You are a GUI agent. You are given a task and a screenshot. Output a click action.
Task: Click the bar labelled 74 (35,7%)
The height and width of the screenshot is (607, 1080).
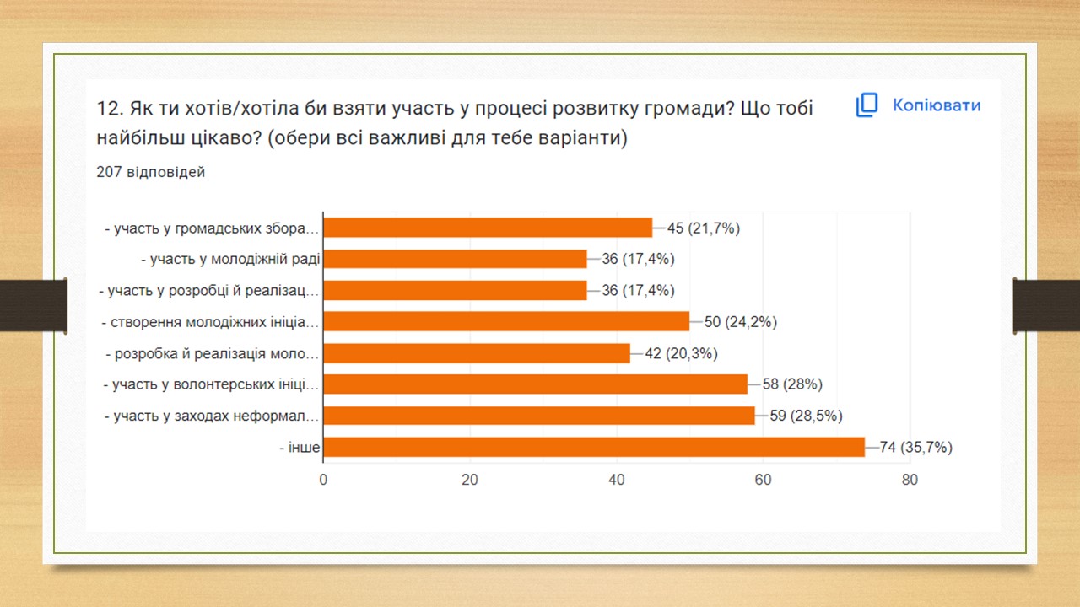(594, 447)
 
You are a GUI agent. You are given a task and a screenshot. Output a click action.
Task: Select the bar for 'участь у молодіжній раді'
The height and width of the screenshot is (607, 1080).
(455, 259)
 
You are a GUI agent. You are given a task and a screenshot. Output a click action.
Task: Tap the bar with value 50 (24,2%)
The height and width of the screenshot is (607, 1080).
(506, 321)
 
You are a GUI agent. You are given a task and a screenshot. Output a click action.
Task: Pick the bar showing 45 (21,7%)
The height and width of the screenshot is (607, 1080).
(488, 228)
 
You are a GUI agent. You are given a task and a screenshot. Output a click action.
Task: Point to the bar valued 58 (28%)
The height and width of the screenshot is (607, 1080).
(536, 384)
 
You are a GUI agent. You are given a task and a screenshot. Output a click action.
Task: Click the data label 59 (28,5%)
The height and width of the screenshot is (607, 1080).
(806, 416)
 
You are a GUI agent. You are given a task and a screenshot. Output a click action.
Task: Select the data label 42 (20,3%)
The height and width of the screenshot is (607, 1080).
(681, 353)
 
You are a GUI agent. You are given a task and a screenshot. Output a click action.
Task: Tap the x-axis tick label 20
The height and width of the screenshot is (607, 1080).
(470, 480)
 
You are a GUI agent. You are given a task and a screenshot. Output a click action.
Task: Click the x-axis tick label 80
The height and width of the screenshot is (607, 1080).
(910, 480)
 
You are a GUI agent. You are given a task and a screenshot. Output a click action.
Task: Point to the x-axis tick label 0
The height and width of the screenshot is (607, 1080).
(323, 480)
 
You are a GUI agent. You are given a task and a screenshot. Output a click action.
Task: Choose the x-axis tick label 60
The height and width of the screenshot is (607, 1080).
(764, 480)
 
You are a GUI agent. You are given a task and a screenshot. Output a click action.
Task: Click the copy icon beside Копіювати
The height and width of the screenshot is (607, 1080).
(867, 105)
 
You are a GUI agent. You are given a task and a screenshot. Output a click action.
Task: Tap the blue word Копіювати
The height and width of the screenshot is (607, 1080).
(937, 105)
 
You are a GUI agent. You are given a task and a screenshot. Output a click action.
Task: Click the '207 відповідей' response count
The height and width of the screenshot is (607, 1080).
(150, 171)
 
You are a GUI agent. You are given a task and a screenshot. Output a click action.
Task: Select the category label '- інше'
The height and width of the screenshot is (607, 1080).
(300, 448)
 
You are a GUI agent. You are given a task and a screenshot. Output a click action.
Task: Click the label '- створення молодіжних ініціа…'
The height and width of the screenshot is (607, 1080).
(210, 322)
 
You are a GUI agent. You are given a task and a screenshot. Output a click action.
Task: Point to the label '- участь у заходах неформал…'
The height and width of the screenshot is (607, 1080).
(212, 416)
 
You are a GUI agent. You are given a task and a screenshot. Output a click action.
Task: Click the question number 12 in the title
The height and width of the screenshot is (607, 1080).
(111, 109)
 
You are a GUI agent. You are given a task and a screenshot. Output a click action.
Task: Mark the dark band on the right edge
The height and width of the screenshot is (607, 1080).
(1046, 306)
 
